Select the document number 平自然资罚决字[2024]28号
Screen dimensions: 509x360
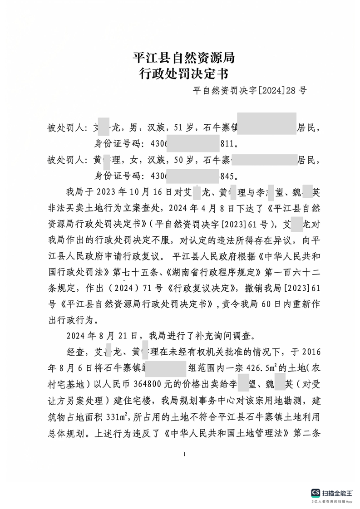250,90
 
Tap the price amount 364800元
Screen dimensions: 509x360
153,383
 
